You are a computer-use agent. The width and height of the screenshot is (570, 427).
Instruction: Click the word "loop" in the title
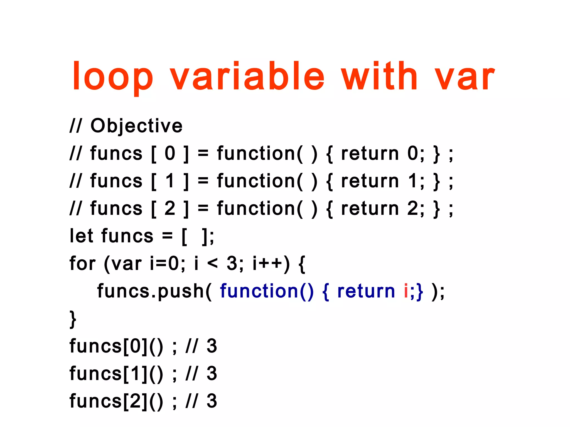coord(112,76)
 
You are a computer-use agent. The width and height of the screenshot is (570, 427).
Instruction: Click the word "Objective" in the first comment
coord(136,126)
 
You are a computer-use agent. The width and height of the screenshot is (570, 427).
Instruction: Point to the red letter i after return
coord(406,291)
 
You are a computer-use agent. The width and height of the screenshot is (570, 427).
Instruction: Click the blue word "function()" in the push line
coord(267,291)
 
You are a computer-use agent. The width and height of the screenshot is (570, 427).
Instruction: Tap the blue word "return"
coord(366,291)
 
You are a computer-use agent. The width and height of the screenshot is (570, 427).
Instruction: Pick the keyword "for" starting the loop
coord(82,263)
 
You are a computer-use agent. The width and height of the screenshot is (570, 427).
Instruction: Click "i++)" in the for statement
coord(271,263)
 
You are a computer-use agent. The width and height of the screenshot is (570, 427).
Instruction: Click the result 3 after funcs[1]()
coord(212,374)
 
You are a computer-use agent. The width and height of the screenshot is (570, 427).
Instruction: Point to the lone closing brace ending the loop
coord(73,319)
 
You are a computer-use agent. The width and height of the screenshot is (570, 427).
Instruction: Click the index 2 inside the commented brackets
coord(170,208)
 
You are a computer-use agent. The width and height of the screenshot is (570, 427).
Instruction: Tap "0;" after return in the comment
coord(416,153)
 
